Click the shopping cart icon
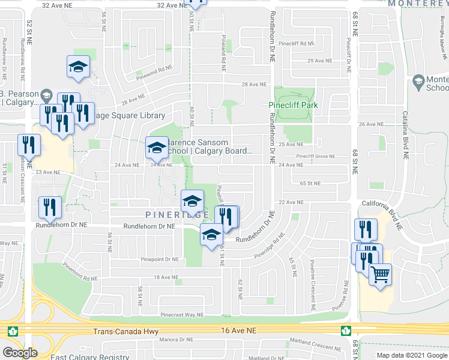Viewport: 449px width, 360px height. pyautogui.click(x=380, y=275)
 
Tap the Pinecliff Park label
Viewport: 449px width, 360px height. pyautogui.click(x=292, y=105)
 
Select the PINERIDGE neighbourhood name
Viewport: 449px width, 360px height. pyautogui.click(x=177, y=214)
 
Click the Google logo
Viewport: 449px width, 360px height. pyautogui.click(x=20, y=353)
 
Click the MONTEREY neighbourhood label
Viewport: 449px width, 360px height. pyautogui.click(x=418, y=4)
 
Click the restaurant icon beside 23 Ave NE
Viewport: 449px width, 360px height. pyautogui.click(x=29, y=145)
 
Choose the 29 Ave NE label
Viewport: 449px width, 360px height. pyautogui.click(x=319, y=61)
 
